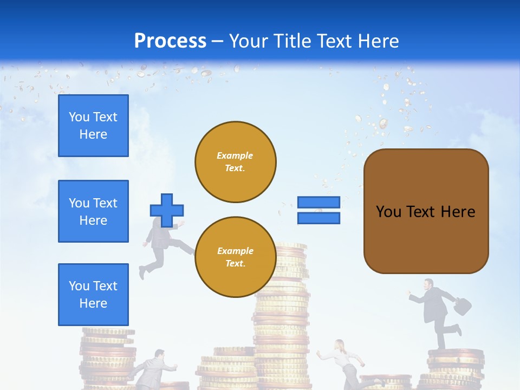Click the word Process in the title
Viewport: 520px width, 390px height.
point(170,41)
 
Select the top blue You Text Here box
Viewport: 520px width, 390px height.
point(93,126)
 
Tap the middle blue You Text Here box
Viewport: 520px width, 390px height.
point(93,211)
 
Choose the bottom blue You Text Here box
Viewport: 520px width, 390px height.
point(93,295)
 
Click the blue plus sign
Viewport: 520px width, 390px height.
point(167,210)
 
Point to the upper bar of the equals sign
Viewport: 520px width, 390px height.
point(318,202)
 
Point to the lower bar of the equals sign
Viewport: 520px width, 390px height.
point(318,218)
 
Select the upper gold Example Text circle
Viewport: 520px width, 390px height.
point(235,162)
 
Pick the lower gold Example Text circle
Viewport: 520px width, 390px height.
point(235,257)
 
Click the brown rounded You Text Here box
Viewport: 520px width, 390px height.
point(426,211)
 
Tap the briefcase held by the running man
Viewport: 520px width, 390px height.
point(462,307)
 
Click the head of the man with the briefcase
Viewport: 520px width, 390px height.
point(428,284)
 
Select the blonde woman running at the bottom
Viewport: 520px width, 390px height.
point(342,361)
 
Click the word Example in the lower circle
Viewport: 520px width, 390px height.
point(235,251)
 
